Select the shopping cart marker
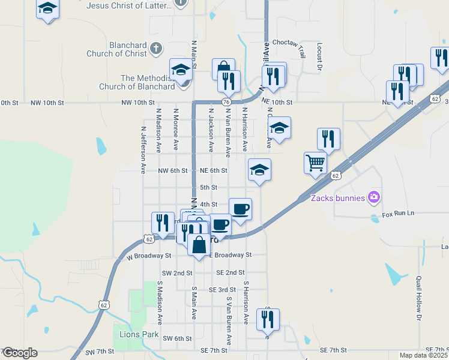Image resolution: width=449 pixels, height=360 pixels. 315,163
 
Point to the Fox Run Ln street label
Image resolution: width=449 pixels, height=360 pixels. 399,214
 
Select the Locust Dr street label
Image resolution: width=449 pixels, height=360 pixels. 319,58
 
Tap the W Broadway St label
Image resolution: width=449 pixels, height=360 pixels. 149,256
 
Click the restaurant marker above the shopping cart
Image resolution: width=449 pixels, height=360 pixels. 328,139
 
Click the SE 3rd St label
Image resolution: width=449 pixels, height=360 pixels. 221,290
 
